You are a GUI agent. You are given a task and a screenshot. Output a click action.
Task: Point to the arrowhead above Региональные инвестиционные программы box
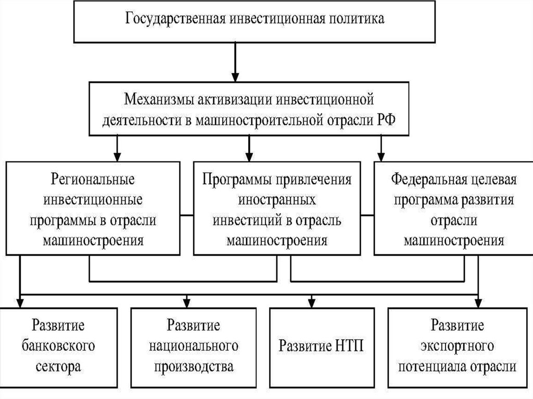118,156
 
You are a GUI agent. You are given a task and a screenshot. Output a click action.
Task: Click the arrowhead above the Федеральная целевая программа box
382,156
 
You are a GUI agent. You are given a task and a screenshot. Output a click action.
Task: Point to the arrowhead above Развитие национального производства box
187,302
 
